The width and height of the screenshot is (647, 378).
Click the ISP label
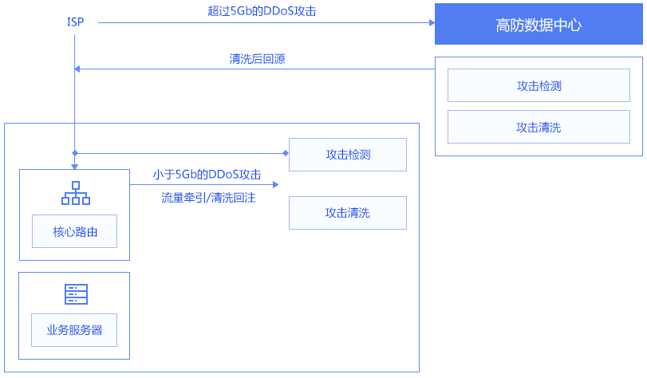[x=75, y=22]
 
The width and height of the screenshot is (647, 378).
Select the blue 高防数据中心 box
[x=539, y=25]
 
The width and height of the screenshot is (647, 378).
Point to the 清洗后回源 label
[x=257, y=59]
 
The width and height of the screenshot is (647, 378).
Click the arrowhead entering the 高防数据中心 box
[x=431, y=23]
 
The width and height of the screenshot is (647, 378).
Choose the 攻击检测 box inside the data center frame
[x=539, y=85]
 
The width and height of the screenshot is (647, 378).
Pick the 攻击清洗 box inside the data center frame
[x=539, y=127]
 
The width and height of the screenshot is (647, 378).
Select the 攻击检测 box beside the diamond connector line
[x=348, y=155]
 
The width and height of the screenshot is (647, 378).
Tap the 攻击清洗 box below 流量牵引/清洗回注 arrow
[x=348, y=213]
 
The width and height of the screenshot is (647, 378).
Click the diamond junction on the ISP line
[x=74, y=152]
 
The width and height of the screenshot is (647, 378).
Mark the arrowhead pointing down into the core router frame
[x=74, y=166]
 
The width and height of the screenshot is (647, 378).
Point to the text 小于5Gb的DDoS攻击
[x=207, y=174]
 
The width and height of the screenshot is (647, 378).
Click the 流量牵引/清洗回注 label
[x=208, y=197]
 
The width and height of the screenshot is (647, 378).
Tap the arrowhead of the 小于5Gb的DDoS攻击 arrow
[x=276, y=184]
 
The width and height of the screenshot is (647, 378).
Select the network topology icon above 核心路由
[x=75, y=195]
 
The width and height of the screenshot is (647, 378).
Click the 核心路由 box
[x=74, y=231]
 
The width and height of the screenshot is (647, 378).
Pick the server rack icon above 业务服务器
[x=76, y=294]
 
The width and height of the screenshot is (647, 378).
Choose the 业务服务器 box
[x=74, y=329]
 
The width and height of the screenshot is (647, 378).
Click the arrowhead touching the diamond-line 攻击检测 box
[x=285, y=152]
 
